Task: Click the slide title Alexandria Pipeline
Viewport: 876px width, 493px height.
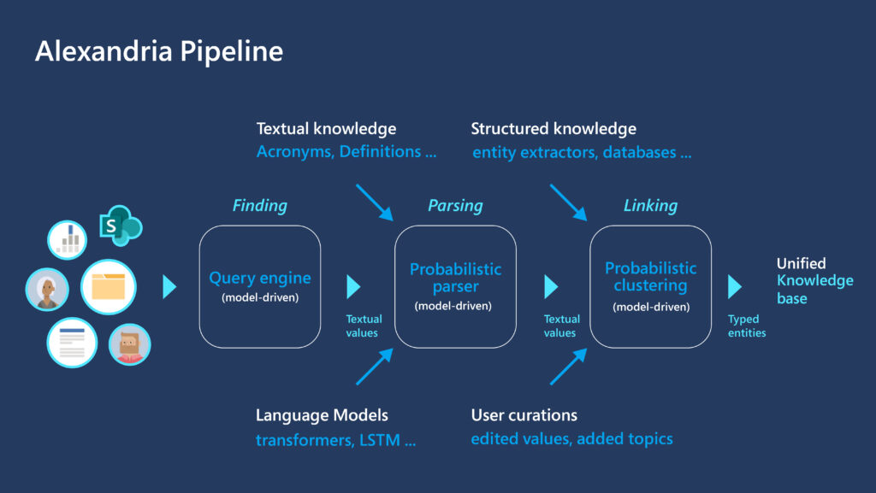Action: (x=158, y=51)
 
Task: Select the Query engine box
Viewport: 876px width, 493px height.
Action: (x=260, y=286)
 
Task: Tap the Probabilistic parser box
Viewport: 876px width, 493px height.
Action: (x=455, y=286)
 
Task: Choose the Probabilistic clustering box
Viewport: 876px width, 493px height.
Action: (x=650, y=286)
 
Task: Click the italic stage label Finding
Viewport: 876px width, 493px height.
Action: (x=260, y=206)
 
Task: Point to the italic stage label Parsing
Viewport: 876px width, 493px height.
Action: (x=455, y=206)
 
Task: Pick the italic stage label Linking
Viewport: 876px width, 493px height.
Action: (x=650, y=206)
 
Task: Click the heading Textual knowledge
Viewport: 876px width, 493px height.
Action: (x=326, y=129)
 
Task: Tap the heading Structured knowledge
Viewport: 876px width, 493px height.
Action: (x=553, y=129)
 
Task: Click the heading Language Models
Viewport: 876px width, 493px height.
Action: (x=322, y=416)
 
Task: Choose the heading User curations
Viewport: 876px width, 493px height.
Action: (x=524, y=416)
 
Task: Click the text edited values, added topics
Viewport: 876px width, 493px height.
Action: (x=571, y=439)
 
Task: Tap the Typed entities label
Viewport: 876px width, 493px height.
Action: (x=747, y=326)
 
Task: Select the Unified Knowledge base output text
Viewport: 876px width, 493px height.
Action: (x=813, y=280)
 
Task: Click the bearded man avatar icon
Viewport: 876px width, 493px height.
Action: (x=129, y=344)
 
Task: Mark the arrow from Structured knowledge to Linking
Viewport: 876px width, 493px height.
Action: (x=567, y=202)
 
